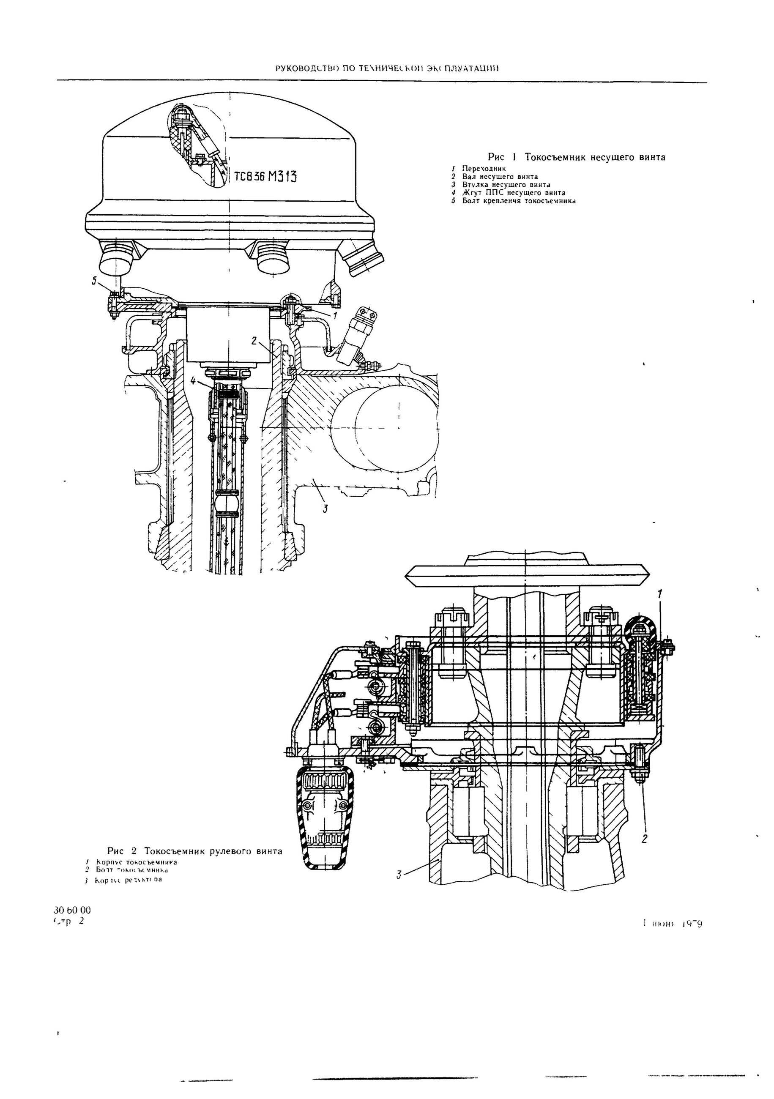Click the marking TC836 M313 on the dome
(x=265, y=177)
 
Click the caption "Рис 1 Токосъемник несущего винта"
(x=576, y=157)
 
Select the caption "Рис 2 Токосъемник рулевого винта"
(x=194, y=851)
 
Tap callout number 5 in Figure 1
(x=95, y=282)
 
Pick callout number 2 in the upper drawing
(x=254, y=340)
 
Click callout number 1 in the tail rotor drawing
(x=660, y=594)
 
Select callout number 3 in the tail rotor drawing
(x=399, y=875)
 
